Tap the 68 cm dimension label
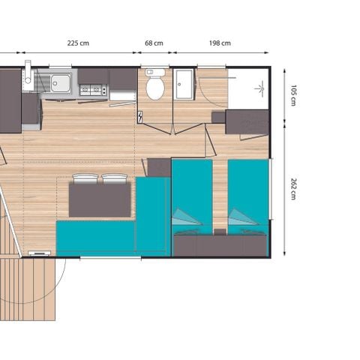point(154,43)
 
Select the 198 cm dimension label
point(220,43)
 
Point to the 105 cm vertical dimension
point(293,96)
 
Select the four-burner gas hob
point(94,91)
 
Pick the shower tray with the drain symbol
point(247,89)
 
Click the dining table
point(100,199)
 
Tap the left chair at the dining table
point(85,178)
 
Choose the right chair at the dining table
point(114,178)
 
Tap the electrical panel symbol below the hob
point(140,117)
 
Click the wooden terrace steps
point(28,288)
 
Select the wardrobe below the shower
point(247,122)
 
